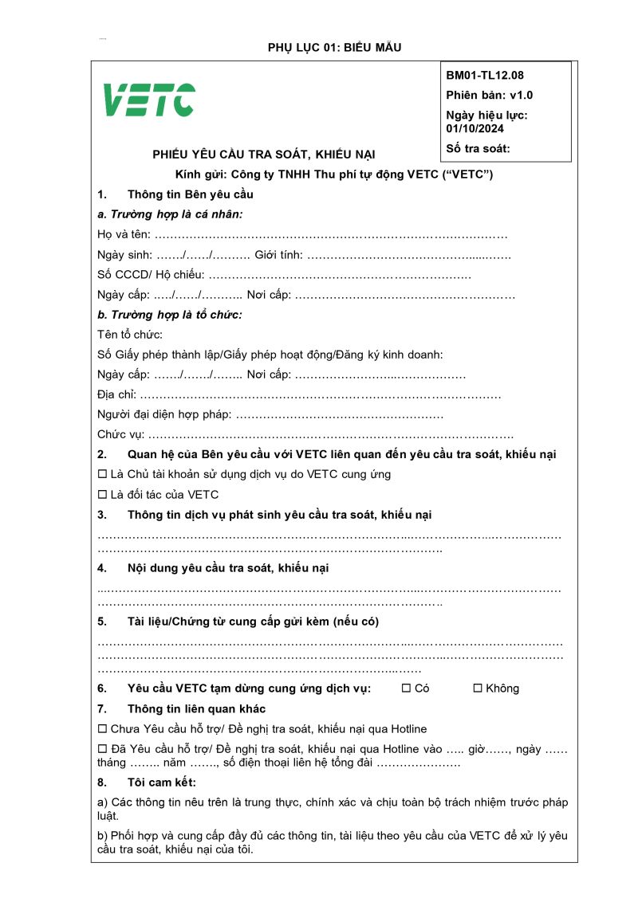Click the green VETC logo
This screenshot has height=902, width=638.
click(149, 100)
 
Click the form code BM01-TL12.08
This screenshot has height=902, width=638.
click(485, 76)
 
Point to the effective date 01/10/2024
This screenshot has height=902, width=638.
click(475, 128)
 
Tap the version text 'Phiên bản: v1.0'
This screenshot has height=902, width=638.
click(490, 95)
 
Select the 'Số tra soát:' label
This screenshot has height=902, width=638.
click(478, 148)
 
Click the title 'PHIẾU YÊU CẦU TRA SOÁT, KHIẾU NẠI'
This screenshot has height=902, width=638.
click(264, 155)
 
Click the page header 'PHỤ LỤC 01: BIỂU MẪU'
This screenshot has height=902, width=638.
click(334, 48)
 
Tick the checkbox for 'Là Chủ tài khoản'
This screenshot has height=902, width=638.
click(102, 474)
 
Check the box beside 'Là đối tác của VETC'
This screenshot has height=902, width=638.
click(102, 494)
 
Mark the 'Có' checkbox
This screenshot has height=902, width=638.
click(406, 688)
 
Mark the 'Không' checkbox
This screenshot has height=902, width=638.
click(478, 688)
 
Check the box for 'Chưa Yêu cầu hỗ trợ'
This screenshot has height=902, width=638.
click(102, 728)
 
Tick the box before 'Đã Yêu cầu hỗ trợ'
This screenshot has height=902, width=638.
click(102, 749)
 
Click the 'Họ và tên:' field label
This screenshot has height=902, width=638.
click(124, 235)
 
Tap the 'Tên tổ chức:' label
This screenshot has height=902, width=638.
click(130, 335)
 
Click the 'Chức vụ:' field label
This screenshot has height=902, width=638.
click(121, 435)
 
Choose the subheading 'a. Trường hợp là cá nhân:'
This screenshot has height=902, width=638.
click(170, 214)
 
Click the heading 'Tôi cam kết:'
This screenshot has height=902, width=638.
click(161, 782)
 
